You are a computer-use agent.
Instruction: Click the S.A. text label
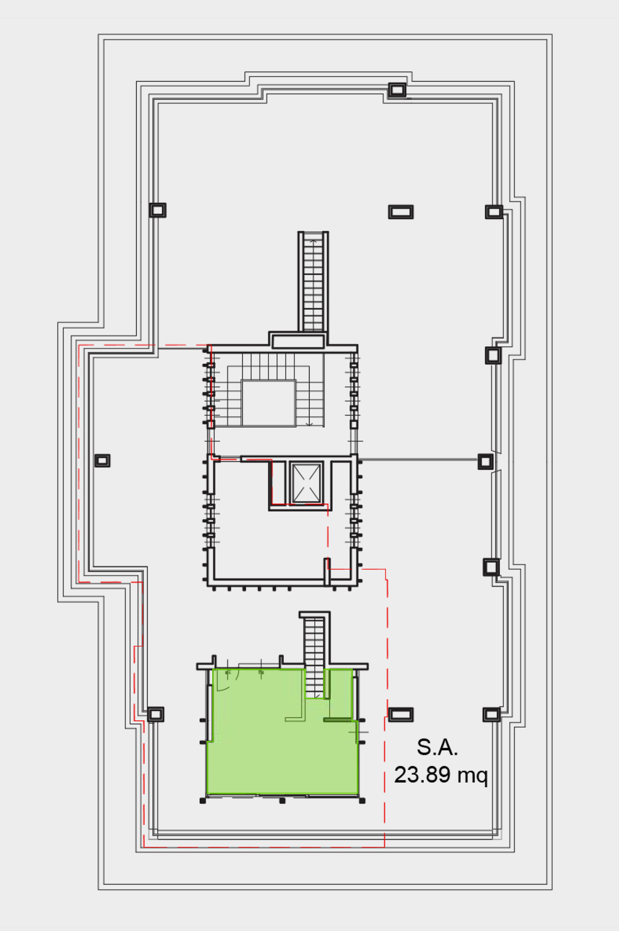[x=437, y=747]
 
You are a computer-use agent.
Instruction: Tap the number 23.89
[x=422, y=774]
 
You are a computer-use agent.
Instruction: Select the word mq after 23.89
[x=472, y=776]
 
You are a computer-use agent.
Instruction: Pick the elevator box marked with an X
[x=306, y=483]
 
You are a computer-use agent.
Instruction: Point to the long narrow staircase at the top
[x=313, y=282]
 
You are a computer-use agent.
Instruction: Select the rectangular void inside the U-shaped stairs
[x=268, y=403]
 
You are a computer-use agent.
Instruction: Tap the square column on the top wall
[x=397, y=90]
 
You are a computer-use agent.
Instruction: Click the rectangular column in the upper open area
[x=401, y=212]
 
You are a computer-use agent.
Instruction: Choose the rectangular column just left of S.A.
[x=401, y=714]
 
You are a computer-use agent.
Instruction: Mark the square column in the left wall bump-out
[x=102, y=461]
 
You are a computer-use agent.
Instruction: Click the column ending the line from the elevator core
[x=485, y=461]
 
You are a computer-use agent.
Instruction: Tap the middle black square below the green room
[x=282, y=801]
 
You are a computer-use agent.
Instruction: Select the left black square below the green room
[x=203, y=801]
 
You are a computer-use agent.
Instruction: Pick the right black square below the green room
[x=362, y=801]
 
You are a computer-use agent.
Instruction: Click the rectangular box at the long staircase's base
[x=298, y=341]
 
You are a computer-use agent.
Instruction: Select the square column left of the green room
[x=156, y=714]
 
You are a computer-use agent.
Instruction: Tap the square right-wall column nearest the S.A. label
[x=492, y=714]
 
